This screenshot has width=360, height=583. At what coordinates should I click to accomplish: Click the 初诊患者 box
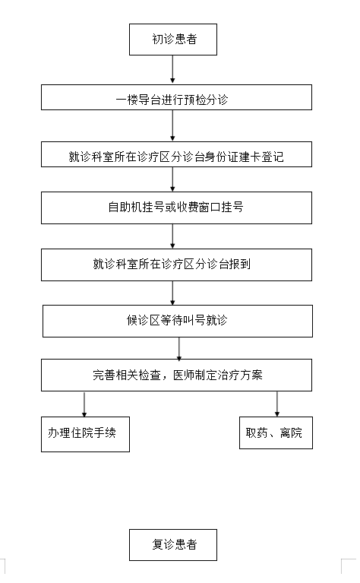point(172,40)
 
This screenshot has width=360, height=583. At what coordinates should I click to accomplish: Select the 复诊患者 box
point(172,545)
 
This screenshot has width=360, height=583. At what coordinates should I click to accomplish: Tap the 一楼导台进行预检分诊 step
point(176,97)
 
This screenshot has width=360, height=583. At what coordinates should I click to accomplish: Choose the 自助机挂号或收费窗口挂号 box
point(176,208)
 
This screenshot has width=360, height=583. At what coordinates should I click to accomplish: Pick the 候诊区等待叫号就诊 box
point(177,322)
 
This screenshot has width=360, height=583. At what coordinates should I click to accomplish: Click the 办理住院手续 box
point(85,434)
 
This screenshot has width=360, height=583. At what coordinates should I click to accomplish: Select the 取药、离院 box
point(276,432)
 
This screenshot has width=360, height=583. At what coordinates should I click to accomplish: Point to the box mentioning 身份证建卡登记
point(176,154)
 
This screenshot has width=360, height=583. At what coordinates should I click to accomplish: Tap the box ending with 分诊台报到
point(176,265)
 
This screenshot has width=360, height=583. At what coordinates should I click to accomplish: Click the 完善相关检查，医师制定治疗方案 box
point(176,375)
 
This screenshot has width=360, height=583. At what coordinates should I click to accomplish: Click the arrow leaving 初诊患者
point(172,69)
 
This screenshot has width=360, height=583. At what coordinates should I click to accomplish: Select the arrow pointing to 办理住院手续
point(84,404)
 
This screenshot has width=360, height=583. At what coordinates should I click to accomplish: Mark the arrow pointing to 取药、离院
point(276,404)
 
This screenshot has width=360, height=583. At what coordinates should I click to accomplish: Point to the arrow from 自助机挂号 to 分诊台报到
point(172,236)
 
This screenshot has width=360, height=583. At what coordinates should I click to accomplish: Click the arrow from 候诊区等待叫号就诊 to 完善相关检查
point(179,348)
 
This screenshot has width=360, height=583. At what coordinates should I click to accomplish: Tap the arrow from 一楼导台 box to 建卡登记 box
point(172,125)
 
